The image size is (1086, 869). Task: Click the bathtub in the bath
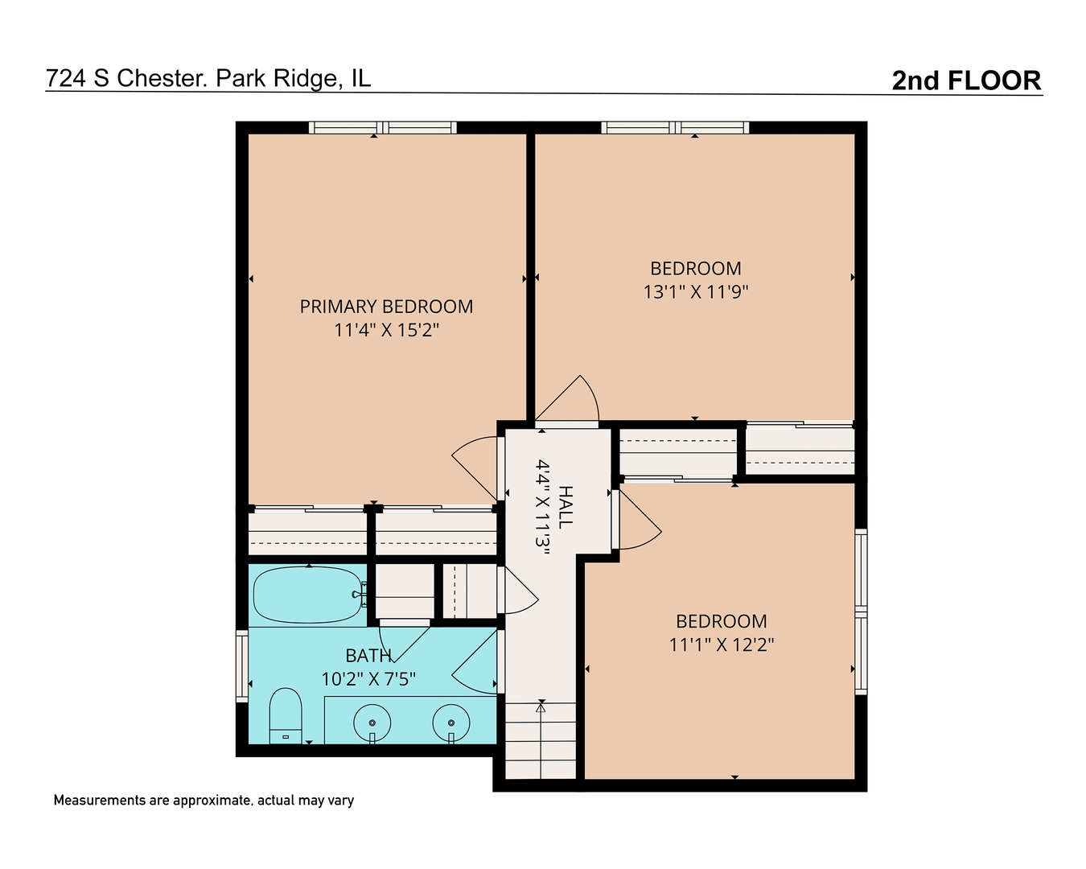point(309,595)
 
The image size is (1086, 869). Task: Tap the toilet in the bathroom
point(286,715)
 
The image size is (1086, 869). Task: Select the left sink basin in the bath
point(372,723)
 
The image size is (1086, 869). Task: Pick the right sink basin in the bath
point(451,723)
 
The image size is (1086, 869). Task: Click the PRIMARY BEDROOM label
point(387,307)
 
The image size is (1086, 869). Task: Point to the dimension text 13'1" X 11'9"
point(695,292)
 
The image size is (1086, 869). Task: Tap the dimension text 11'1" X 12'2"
point(721,645)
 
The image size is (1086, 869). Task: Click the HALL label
point(566,506)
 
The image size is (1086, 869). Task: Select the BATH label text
point(368,656)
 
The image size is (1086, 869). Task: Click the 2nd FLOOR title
point(966,80)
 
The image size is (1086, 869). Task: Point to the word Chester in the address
point(162,78)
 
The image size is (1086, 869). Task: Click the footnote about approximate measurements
point(204,801)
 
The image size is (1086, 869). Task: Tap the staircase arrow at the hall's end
point(541,739)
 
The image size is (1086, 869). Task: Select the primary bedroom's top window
point(383,127)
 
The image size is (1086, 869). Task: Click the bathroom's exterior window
point(242,665)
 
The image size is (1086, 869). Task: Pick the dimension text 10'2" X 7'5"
point(368,679)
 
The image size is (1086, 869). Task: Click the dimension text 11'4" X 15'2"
point(387,330)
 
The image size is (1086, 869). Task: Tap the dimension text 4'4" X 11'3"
point(542,507)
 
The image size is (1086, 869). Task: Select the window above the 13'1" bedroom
point(675,127)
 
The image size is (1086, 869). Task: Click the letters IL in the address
point(361,78)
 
